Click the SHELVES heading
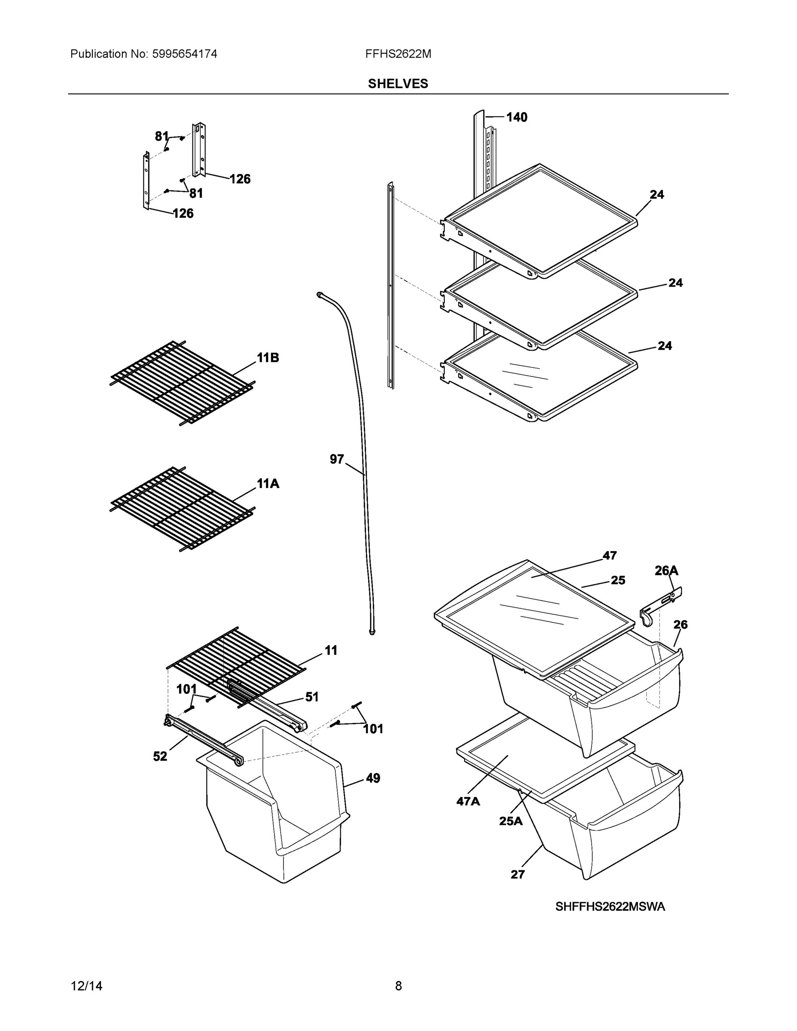tap(397, 84)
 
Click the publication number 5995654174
tap(184, 54)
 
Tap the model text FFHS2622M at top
tap(397, 54)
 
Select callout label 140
tap(516, 117)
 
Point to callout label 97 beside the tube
tap(337, 459)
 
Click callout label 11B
tap(268, 358)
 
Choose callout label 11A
tap(268, 483)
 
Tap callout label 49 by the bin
tap(373, 778)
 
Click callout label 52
tap(160, 757)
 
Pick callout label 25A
tap(511, 821)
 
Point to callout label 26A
tap(666, 571)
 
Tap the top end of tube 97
tap(320, 295)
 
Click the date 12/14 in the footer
tap(86, 986)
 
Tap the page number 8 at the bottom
tap(398, 986)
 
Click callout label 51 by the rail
tap(311, 697)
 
